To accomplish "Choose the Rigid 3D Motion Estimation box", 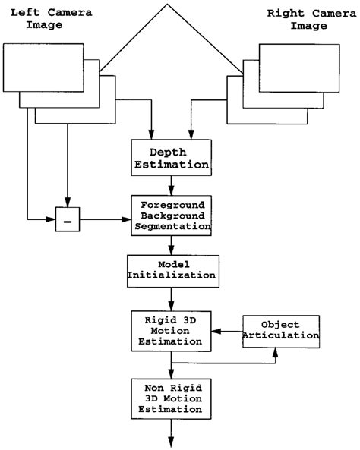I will point(170,331).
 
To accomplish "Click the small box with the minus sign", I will point(68,221).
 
